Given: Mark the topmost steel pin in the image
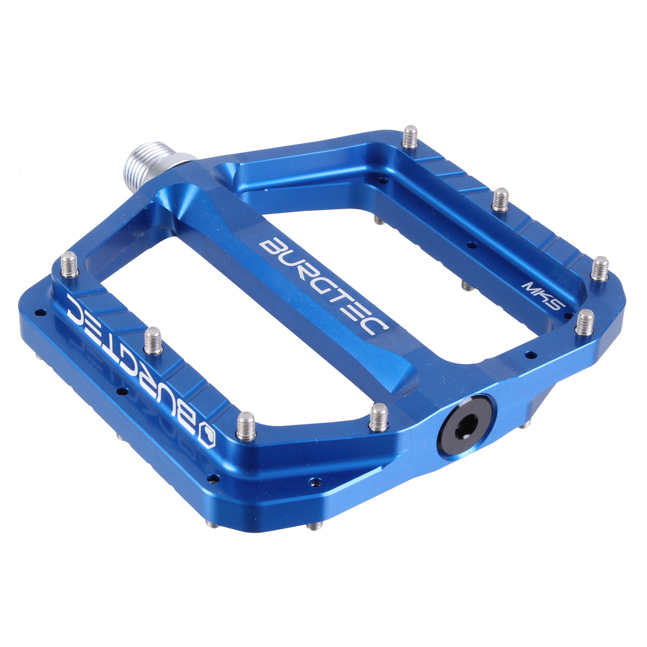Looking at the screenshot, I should (409, 136).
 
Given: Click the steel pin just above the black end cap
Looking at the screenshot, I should (379, 416).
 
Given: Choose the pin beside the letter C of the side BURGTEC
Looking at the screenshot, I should (69, 265).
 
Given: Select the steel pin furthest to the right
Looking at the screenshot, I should (600, 268).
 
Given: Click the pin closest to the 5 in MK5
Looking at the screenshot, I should (585, 321).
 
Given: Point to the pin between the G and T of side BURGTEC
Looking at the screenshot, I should (153, 341).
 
